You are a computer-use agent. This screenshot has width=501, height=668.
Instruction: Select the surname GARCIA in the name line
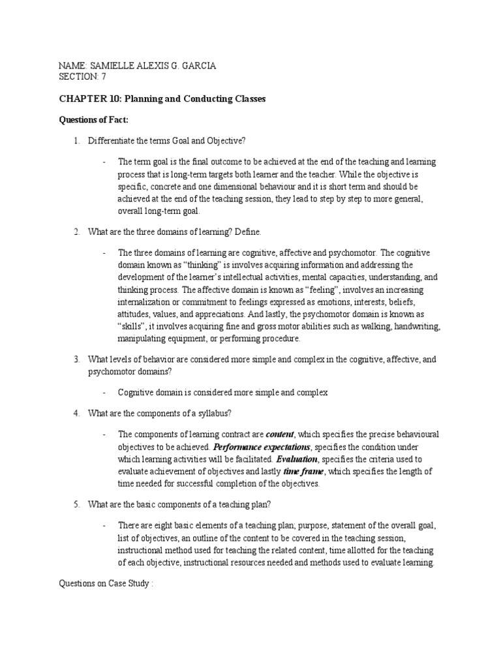tap(198, 66)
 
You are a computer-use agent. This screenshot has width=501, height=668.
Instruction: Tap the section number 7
tap(101, 77)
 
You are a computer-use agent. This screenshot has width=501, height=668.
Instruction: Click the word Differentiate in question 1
tap(112, 141)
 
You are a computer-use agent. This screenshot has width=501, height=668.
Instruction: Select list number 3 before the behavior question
tap(76, 359)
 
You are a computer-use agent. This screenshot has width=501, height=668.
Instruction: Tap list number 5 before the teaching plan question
tap(76, 504)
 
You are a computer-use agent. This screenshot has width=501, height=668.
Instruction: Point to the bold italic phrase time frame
tap(304, 471)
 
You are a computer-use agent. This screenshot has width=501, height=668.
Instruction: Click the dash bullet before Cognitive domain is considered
tap(104, 393)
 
